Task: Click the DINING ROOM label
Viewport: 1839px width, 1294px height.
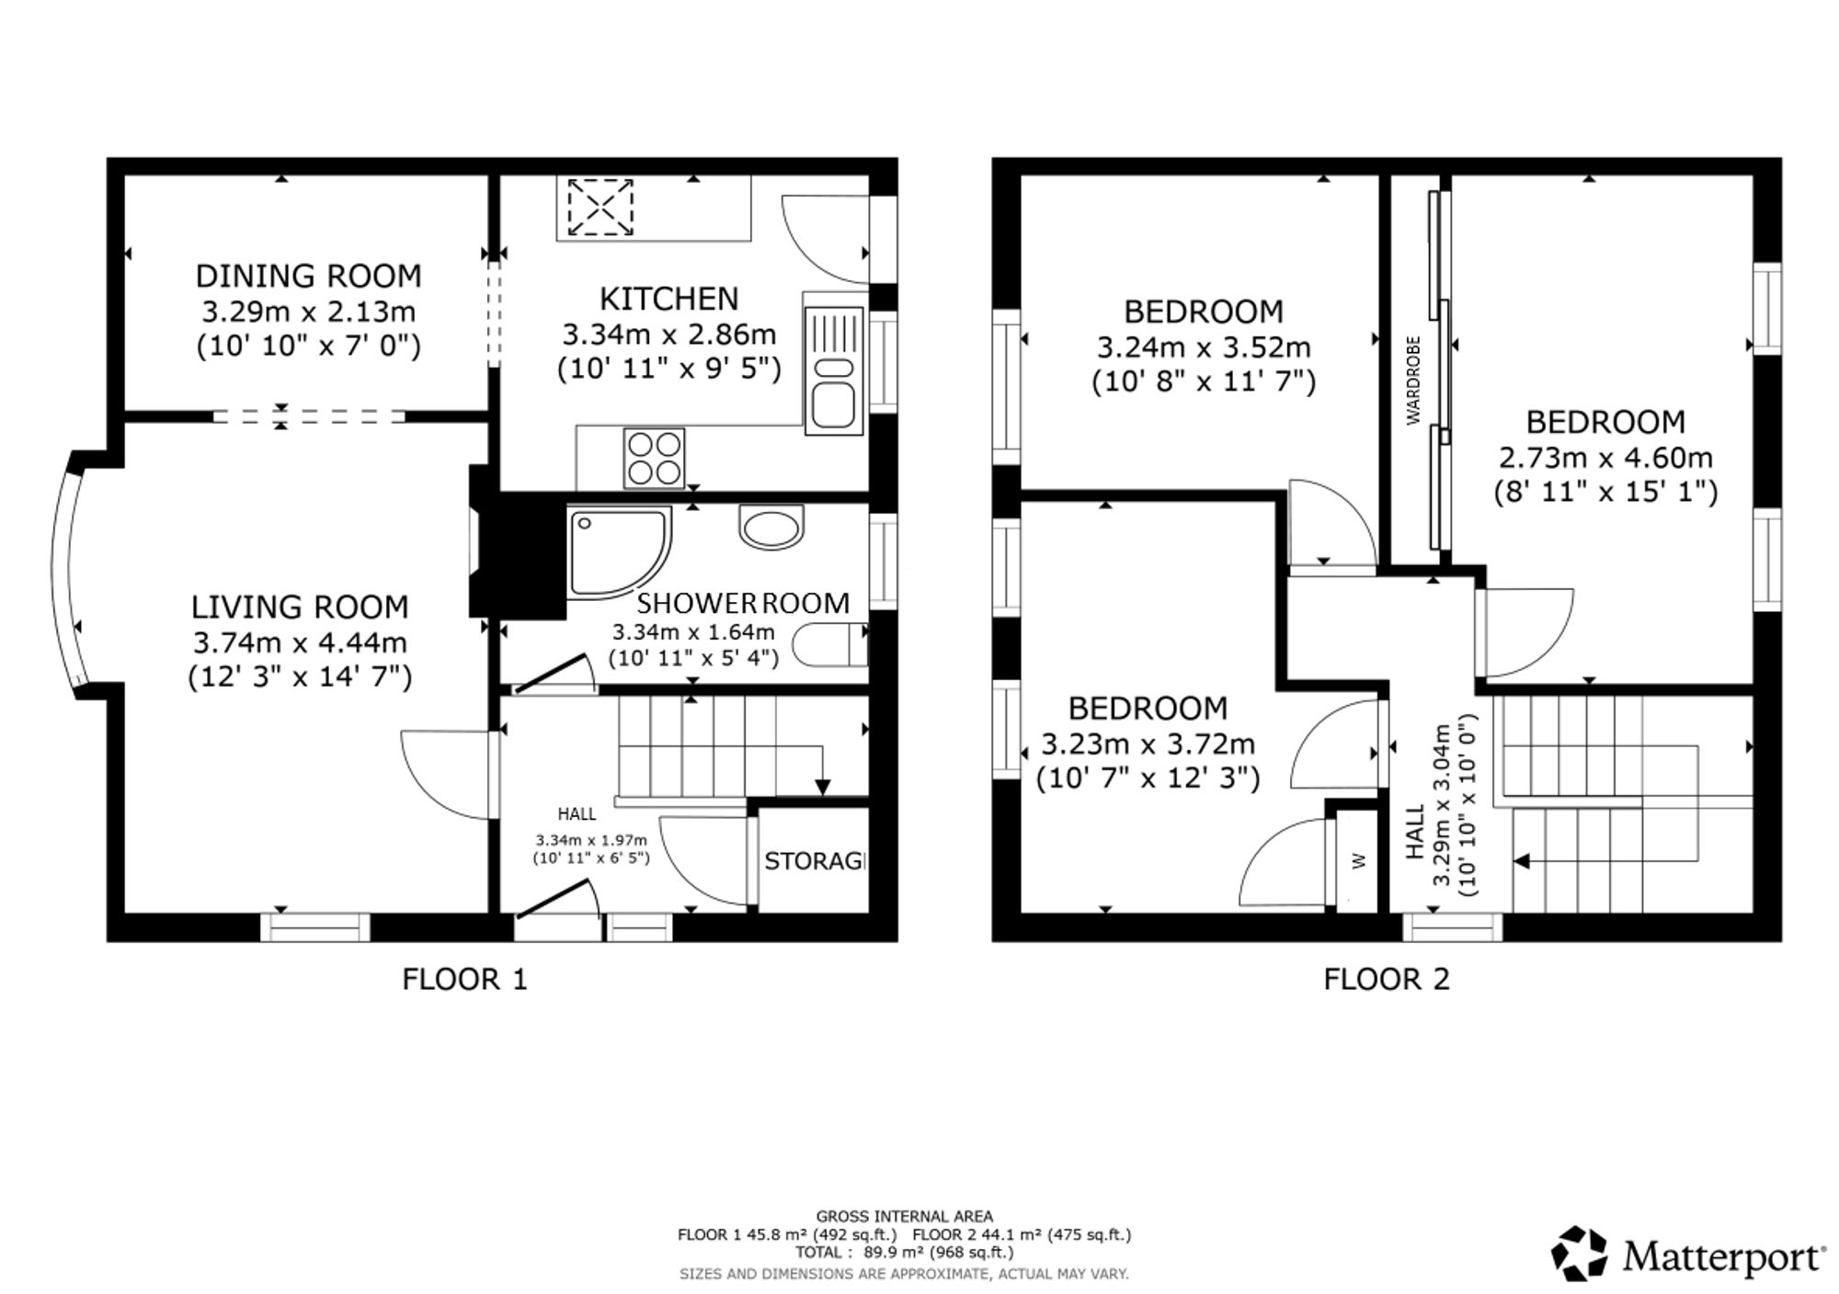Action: [309, 276]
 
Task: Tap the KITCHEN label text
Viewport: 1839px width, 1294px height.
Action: [668, 299]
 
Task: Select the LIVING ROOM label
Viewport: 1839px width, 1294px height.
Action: [300, 607]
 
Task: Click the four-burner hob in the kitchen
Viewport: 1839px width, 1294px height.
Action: [654, 458]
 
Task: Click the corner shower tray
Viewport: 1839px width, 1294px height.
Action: [614, 551]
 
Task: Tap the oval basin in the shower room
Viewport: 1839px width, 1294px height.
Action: [771, 528]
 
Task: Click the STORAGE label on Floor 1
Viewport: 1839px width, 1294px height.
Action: [815, 861]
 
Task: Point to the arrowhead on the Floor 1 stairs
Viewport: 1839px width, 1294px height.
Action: [823, 787]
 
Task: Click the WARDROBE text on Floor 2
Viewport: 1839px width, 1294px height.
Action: [1414, 380]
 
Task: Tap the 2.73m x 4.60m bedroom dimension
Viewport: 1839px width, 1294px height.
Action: [1605, 457]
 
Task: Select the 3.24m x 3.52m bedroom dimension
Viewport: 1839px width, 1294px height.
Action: [1204, 347]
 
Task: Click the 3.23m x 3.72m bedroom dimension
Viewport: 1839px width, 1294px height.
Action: [1148, 743]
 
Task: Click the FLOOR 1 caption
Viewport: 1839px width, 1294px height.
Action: [465, 979]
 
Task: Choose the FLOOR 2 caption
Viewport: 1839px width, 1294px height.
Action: [1387, 979]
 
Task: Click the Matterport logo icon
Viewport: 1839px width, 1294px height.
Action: [1579, 1254]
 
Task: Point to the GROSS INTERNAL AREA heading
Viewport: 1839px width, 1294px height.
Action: [905, 1217]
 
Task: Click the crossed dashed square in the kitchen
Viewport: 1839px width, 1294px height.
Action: [600, 207]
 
